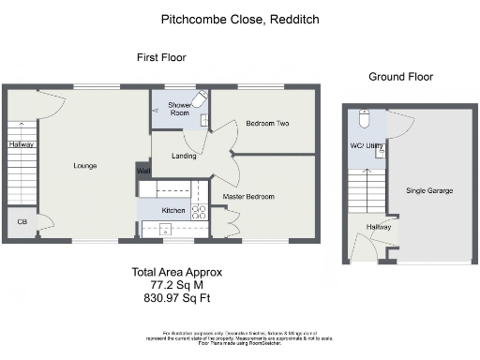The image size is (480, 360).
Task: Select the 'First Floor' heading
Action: point(161,58)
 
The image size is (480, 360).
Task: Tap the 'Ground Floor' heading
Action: point(400,77)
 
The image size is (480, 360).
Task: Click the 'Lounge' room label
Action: point(85,166)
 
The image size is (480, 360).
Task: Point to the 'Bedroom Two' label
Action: point(266,124)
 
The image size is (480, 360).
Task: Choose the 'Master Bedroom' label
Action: point(248,196)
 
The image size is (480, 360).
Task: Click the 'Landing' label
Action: point(185,156)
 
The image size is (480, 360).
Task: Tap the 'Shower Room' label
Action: point(179,110)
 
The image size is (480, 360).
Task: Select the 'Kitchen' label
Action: point(174,211)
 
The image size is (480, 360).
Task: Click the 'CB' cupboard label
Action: point(22,222)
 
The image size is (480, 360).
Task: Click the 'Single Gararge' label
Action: point(429,190)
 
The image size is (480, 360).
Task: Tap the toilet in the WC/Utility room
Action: point(367,118)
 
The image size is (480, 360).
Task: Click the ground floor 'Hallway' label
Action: point(379,227)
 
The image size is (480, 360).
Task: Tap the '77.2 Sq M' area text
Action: point(176,285)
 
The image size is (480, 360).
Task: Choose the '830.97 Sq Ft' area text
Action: point(176,297)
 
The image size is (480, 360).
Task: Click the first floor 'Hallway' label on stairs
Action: point(22,144)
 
